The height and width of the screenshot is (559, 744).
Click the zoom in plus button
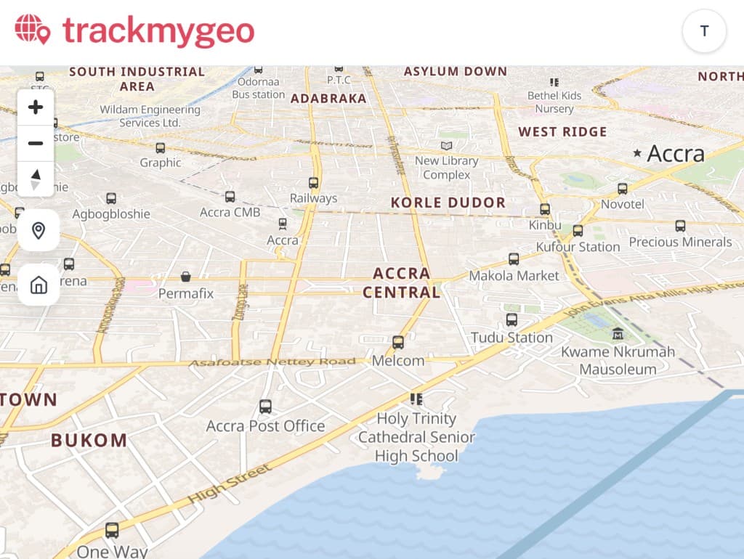click(x=36, y=108)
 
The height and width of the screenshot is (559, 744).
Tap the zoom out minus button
click(x=36, y=143)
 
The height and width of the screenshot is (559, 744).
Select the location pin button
click(x=39, y=231)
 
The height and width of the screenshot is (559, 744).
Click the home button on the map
click(x=39, y=285)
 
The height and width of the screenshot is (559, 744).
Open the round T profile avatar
click(x=704, y=31)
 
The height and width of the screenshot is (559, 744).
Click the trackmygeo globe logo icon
click(x=33, y=30)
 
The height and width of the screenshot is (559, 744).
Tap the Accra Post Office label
click(x=265, y=426)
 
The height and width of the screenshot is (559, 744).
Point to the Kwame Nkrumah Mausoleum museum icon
click(x=618, y=333)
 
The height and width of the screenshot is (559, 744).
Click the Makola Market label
click(x=514, y=276)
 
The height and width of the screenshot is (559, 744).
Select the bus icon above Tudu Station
click(x=511, y=319)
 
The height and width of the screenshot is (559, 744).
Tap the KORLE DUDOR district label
click(x=448, y=203)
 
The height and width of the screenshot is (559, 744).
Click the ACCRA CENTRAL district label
click(x=402, y=283)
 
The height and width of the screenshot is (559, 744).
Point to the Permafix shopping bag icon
click(x=186, y=277)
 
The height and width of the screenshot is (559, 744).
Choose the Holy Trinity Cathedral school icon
click(x=416, y=399)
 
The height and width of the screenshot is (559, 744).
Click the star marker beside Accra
click(x=637, y=153)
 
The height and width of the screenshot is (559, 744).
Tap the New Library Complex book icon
click(x=446, y=146)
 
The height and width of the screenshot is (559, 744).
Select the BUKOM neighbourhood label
click(x=89, y=440)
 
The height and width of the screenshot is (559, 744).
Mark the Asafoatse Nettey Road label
click(x=272, y=362)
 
